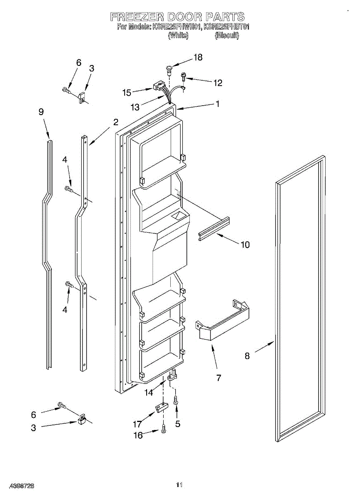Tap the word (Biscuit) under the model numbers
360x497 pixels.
point(227,36)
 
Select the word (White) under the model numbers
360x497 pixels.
point(178,36)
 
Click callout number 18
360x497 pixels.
point(198,57)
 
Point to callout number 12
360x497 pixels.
point(217,83)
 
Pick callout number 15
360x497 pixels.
point(127,92)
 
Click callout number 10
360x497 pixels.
point(245,244)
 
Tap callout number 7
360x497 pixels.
point(218,378)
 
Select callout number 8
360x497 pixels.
point(247,355)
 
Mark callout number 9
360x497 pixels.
point(41,112)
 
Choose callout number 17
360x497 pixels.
point(137,424)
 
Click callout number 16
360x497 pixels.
point(138,435)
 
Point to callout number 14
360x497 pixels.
point(149,393)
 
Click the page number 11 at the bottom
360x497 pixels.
point(179,485)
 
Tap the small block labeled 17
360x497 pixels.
point(160,408)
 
